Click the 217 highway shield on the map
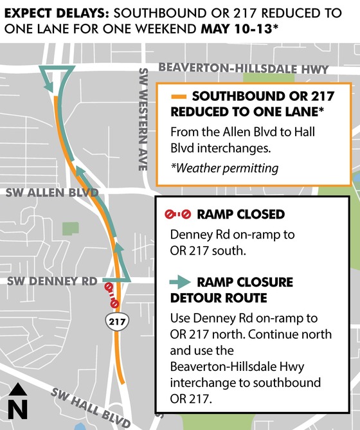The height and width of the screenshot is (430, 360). pos(116,319)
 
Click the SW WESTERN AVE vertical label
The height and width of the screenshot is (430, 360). pos(143,119)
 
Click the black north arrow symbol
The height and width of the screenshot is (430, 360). pos(19,390)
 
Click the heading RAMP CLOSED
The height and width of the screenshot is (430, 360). pos(240,215)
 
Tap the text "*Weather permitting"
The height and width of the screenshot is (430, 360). pos(224,168)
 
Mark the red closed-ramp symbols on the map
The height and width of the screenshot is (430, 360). pos(112,294)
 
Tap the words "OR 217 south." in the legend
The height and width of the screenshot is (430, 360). pos(208,251)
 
